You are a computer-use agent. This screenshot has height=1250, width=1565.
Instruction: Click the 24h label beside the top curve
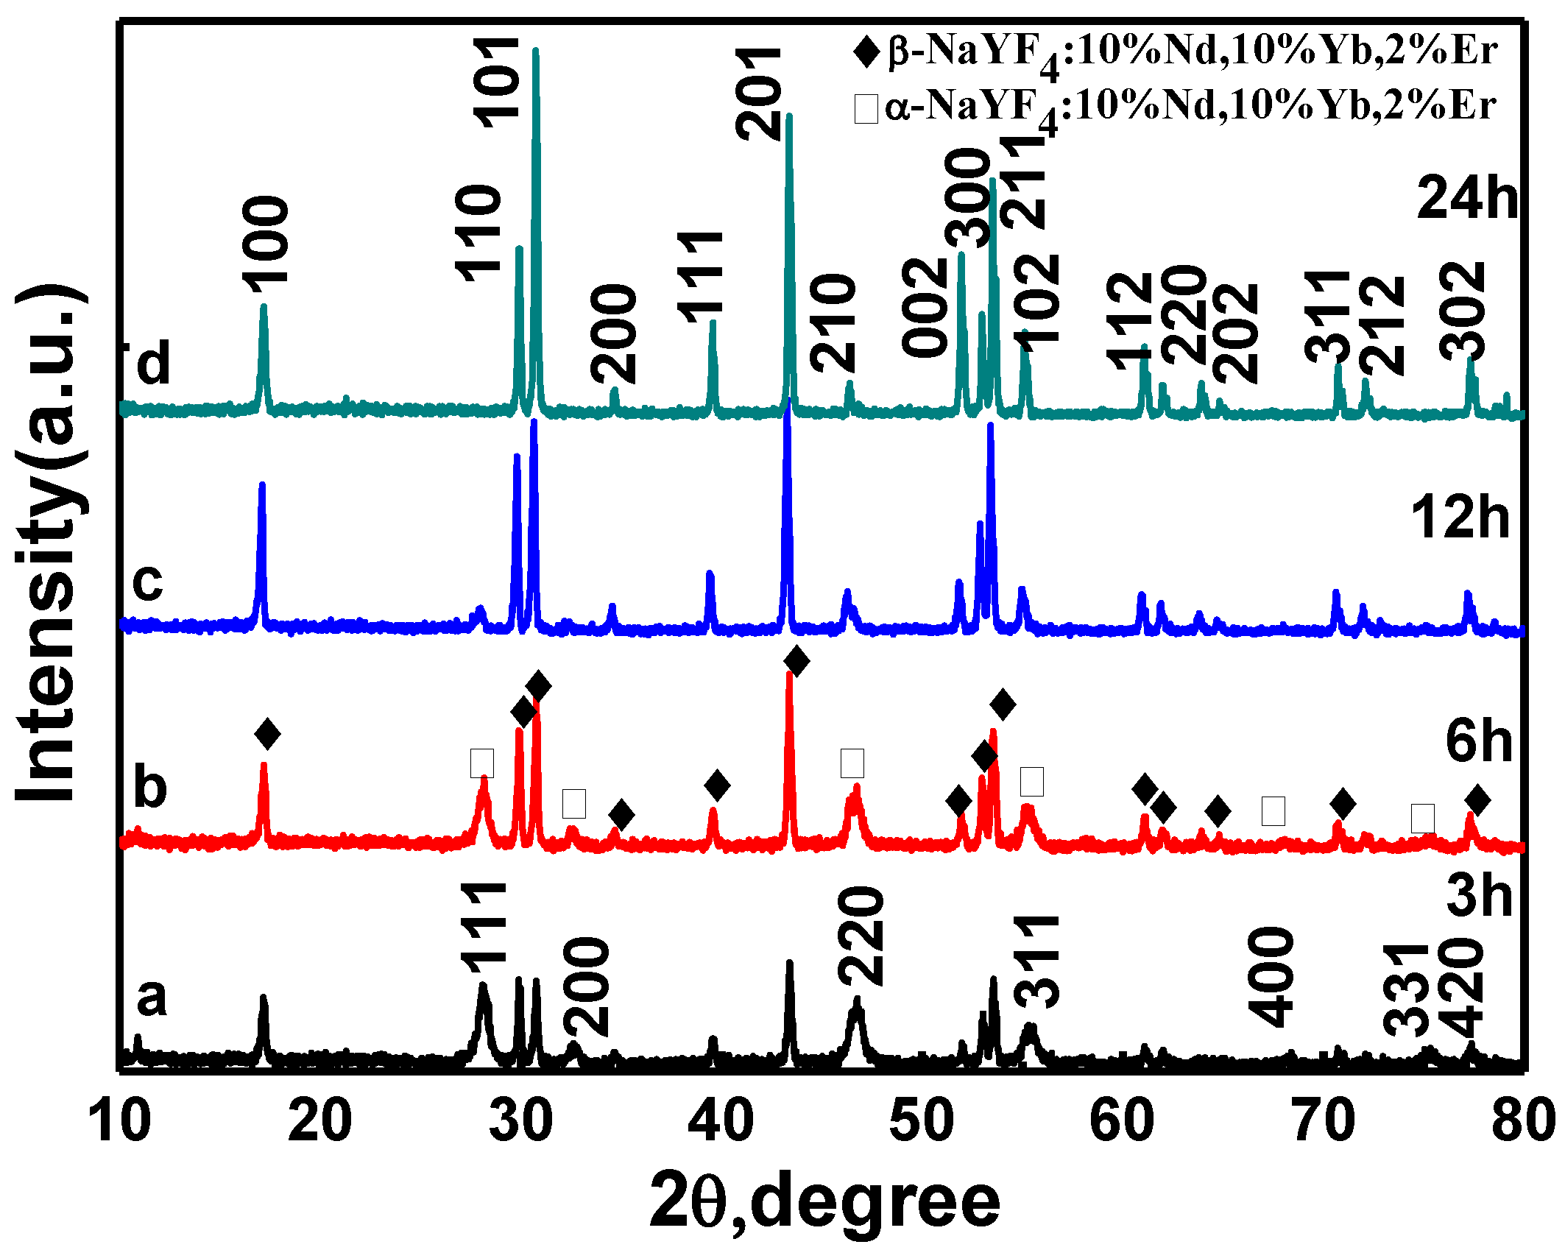pos(1467,199)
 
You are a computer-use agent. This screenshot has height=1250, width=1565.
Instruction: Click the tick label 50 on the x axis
pos(922,1122)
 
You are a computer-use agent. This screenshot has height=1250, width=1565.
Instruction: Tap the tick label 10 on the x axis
pos(119,1122)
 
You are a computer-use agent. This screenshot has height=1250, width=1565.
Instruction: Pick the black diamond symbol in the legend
pos(866,52)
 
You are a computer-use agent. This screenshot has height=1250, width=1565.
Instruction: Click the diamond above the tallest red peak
pos(796,660)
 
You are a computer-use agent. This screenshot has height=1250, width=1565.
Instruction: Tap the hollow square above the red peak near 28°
pos(482,763)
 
